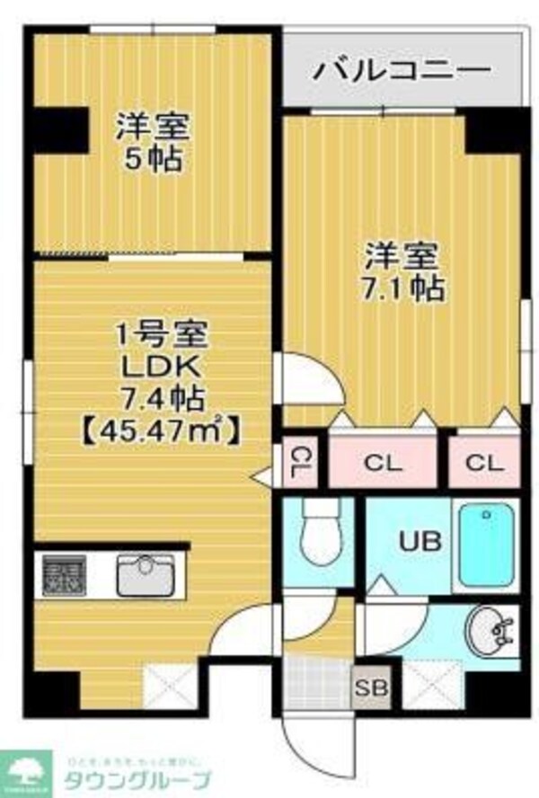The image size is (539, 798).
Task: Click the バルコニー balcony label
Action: click(x=401, y=70)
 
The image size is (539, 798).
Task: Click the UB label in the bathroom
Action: click(x=420, y=541)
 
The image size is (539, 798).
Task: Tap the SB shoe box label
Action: click(x=367, y=690)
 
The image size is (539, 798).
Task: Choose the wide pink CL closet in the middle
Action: click(x=384, y=464)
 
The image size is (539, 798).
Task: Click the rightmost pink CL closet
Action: click(x=485, y=464)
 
